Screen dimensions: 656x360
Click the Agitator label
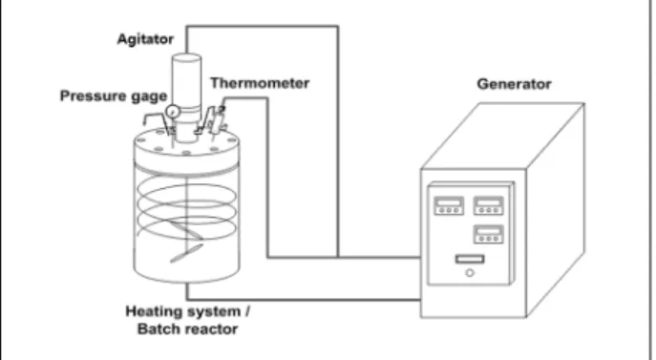[x=145, y=39]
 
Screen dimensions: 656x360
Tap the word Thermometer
[x=260, y=83]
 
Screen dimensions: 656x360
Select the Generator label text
[x=514, y=84]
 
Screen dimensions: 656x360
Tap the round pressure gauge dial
[x=173, y=112]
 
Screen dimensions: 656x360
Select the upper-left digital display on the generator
[x=449, y=205]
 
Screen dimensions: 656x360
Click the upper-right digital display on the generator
[x=488, y=205]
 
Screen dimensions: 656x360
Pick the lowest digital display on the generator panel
[x=488, y=234]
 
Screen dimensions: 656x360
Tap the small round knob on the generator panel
[x=470, y=273]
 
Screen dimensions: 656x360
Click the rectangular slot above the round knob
[x=470, y=259]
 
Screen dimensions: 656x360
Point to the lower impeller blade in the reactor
[x=186, y=253]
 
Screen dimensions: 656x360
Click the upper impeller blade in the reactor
[x=186, y=231]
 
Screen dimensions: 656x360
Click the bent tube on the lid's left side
[x=156, y=119]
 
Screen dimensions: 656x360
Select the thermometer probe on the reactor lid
[x=217, y=119]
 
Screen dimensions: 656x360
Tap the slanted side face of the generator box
[x=555, y=209]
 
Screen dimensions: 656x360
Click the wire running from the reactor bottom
[x=304, y=300]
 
